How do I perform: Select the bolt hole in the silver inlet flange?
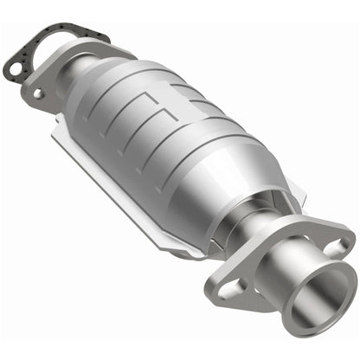[38, 91]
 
